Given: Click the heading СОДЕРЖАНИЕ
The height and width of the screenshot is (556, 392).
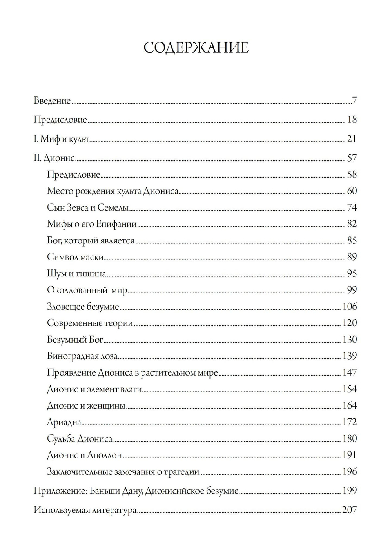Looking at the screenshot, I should click(196, 47).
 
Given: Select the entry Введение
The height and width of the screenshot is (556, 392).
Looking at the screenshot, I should click(52, 101).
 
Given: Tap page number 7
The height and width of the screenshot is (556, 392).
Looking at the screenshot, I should click(354, 101).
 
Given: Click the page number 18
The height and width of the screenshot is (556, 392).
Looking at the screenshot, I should click(352, 120).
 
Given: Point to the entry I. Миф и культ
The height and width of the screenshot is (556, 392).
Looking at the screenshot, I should click(62, 139).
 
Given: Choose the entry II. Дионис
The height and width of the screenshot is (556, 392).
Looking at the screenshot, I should click(54, 158).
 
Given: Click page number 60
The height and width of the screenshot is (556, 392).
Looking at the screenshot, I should click(352, 191).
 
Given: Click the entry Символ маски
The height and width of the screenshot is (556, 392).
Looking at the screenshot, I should click(75, 257).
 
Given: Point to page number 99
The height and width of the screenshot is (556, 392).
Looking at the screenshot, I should click(352, 290).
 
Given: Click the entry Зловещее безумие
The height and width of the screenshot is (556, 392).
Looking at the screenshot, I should click(83, 307).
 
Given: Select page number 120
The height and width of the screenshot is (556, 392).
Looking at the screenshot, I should click(349, 323).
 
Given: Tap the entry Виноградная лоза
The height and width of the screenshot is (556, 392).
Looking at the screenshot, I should click(82, 356).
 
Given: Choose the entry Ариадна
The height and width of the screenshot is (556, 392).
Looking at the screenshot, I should click(64, 422).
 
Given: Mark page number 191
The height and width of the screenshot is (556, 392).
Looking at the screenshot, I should click(349, 455).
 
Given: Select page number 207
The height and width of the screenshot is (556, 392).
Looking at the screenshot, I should click(349, 511).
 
